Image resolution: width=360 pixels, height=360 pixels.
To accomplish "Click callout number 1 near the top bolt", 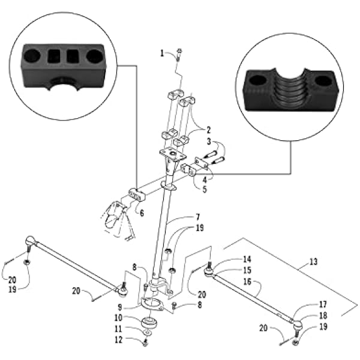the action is tap(162, 53).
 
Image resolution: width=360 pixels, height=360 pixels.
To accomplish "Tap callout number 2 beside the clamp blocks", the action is tap(208, 130).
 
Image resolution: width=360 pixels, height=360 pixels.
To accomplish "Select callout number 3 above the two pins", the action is tap(209, 142).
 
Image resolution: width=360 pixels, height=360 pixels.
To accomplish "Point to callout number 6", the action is tap(142, 213).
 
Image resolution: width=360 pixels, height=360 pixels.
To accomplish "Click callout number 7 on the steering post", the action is tap(197, 217).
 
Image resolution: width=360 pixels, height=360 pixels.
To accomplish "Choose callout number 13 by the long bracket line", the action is tap(313, 262).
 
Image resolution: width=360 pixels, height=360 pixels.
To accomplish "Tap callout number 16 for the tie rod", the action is tap(247, 281).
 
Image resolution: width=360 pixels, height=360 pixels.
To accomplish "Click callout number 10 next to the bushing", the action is tap(118, 318).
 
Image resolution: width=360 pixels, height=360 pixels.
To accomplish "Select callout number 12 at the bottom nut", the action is tap(118, 340).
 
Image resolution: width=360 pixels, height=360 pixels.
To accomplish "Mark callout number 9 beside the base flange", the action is tap(119, 307).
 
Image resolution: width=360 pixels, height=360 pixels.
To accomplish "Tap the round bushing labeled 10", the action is tap(149, 322).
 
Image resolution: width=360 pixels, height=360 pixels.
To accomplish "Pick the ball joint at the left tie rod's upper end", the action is tap(31, 241).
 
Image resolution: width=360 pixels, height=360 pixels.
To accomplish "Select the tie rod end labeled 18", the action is tap(298, 325).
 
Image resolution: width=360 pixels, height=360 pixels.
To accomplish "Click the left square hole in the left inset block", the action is tap(54, 56).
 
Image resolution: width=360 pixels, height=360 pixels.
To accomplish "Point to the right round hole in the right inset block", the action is tap(323, 81).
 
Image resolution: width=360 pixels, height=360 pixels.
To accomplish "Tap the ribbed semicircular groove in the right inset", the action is tap(290, 89).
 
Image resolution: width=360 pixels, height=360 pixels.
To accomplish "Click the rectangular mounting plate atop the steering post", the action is tap(173, 154).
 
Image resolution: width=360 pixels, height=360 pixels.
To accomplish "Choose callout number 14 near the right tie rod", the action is tap(247, 259).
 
